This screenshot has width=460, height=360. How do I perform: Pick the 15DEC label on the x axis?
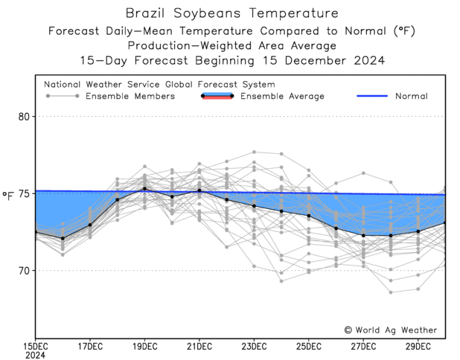coord(36,346)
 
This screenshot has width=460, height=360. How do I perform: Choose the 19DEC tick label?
coord(144,346)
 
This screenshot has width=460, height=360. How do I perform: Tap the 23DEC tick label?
coord(254,346)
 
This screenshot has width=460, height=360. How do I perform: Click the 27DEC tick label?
coord(363,346)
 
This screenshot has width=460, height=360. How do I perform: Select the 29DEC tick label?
coord(418,346)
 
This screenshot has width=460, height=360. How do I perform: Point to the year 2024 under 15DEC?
coord(36,355)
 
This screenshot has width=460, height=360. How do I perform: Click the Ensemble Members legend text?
coord(130,96)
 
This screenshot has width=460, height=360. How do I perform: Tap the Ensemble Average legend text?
coord(281,96)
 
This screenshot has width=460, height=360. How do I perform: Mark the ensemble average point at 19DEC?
coord(144,189)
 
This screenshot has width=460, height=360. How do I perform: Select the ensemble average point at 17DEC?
coord(90,225)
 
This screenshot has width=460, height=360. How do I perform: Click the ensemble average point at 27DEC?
coord(363,235)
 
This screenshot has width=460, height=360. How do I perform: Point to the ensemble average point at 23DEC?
coord(254,206)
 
